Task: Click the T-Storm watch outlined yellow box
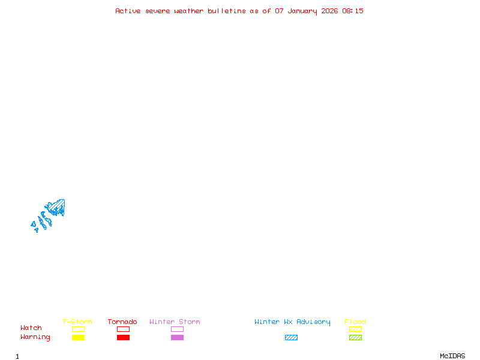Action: coord(78,329)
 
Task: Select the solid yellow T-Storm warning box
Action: coord(78,337)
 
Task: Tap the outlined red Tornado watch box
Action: coord(123,329)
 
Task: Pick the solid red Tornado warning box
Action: coord(123,337)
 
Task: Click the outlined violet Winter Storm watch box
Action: coord(177,329)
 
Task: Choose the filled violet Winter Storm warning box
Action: coord(177,337)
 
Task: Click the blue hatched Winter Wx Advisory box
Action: coord(291,337)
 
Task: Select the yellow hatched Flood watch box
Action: coord(355,329)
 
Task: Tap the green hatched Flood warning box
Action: coord(355,337)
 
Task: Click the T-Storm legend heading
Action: coord(77,322)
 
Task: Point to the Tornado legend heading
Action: coord(122,322)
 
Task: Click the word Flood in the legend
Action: coord(355,322)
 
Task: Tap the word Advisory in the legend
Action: coord(313,322)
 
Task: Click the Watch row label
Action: coord(31,328)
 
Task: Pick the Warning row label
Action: coord(35,337)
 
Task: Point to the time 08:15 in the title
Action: coord(353,11)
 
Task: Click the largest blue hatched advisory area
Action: coord(58,206)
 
